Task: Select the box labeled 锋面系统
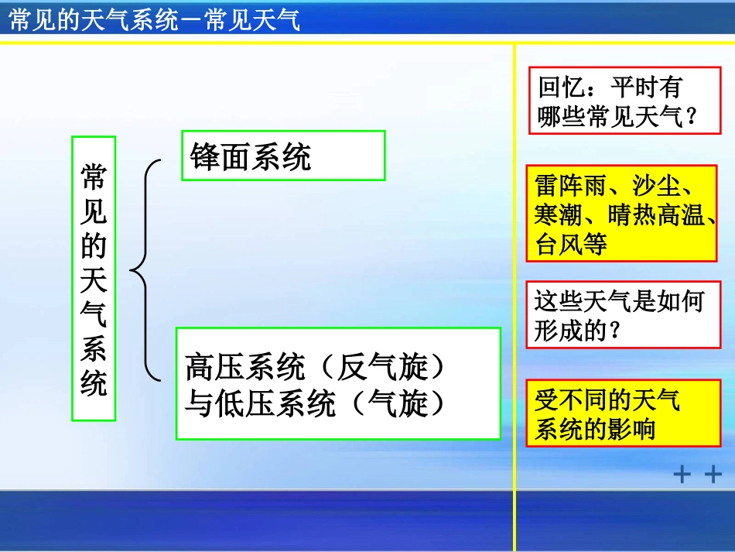pyautogui.click(x=282, y=156)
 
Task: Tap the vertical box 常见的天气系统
pyautogui.click(x=94, y=279)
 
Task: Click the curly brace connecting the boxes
pyautogui.click(x=145, y=271)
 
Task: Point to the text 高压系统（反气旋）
pyautogui.click(x=316, y=367)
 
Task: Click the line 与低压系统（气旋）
pyautogui.click(x=316, y=403)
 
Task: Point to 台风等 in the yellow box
pyautogui.click(x=571, y=245)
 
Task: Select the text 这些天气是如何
pyautogui.click(x=618, y=300)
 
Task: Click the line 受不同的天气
pyautogui.click(x=607, y=399)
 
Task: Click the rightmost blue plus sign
pyautogui.click(x=713, y=474)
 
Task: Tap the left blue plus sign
pyautogui.click(x=682, y=474)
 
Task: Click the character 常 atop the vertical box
pyautogui.click(x=94, y=177)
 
